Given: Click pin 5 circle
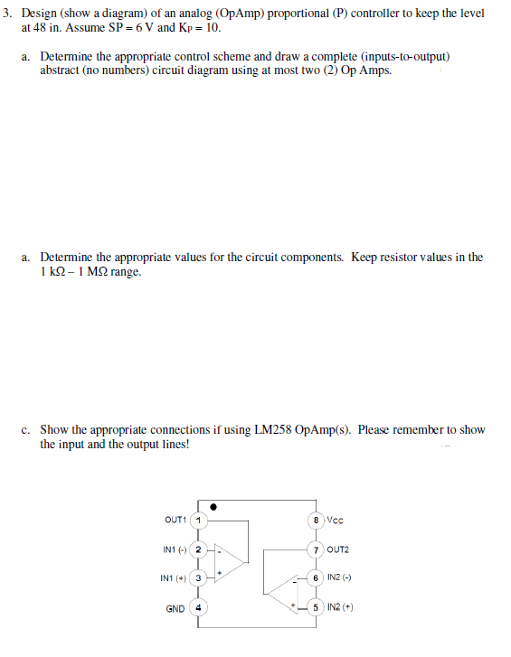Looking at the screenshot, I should tap(316, 607).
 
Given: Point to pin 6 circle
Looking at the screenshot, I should tap(316, 577).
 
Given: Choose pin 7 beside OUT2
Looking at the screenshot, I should tap(316, 549).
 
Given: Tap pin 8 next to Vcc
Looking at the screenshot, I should tap(316, 520).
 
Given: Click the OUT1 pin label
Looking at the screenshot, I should tap(175, 520).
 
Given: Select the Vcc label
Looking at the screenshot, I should tap(335, 520).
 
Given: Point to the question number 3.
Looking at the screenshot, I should tap(7, 14).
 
